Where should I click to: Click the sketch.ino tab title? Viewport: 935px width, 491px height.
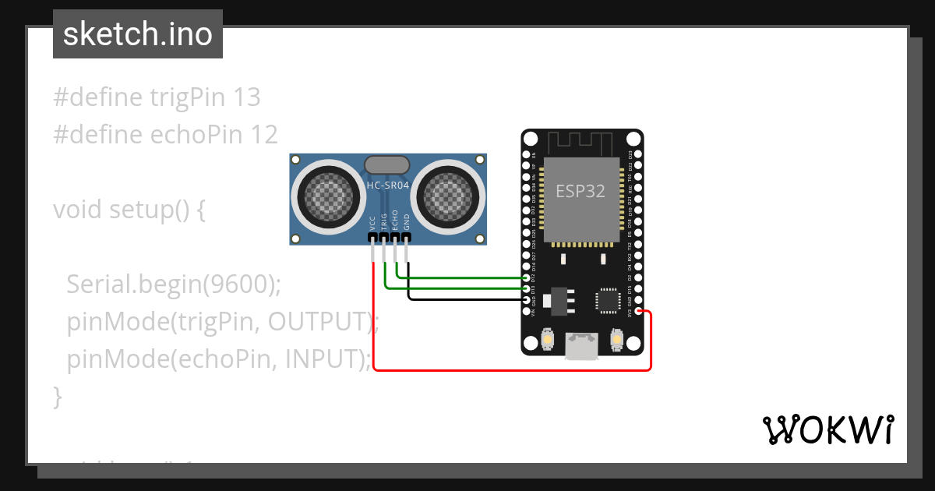(x=137, y=34)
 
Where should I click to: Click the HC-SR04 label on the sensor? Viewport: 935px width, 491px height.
(x=387, y=185)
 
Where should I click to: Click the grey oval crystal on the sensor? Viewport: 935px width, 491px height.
(x=386, y=164)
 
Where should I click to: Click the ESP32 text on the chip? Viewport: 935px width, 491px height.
(x=580, y=191)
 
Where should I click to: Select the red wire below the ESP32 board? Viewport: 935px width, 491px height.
(x=506, y=370)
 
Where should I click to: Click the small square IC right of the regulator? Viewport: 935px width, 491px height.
(x=607, y=301)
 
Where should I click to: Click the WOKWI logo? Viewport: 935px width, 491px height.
(x=827, y=429)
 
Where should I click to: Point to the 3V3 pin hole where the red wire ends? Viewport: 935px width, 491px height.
(x=638, y=312)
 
